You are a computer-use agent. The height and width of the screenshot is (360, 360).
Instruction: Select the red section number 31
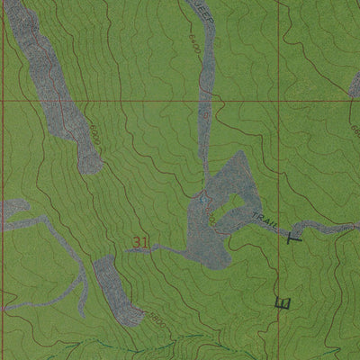[x=139, y=241]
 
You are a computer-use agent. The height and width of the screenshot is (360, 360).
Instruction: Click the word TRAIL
[x=263, y=221]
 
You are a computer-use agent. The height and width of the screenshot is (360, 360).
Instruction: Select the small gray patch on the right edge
[x=355, y=85]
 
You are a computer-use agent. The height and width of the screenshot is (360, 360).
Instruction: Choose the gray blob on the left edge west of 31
[x=11, y=211]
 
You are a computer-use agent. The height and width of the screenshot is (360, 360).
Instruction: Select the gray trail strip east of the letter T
[x=324, y=227]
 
